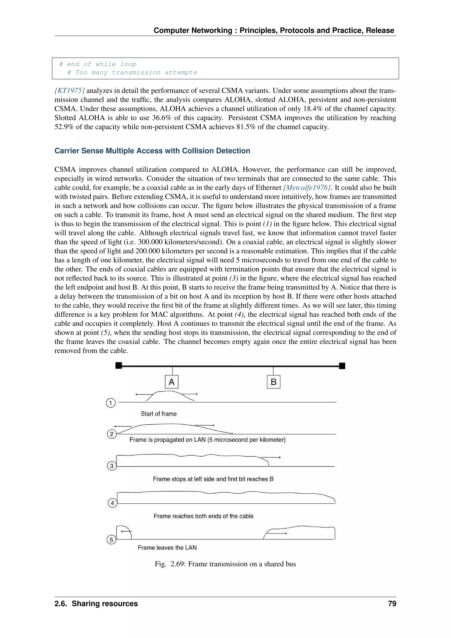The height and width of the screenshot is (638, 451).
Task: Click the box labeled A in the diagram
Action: click(172, 382)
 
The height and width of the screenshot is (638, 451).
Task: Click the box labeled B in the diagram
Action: click(273, 382)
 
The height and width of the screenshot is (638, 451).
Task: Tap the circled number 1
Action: click(111, 403)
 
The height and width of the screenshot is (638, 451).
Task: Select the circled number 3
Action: click(111, 466)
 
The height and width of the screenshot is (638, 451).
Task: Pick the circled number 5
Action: click(111, 540)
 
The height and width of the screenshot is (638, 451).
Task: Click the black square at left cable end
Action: click(118, 366)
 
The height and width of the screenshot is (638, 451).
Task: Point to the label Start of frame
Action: click(159, 414)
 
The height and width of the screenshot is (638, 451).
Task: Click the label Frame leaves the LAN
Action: click(167, 547)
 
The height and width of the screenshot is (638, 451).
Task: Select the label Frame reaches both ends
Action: click(203, 516)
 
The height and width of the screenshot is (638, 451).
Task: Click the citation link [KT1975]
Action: click(69, 91)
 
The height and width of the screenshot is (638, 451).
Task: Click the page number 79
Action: click(392, 604)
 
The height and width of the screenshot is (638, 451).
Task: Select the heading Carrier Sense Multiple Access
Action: click(152, 151)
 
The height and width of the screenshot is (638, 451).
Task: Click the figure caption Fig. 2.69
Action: click(225, 564)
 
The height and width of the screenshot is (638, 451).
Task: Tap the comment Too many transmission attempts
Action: click(133, 72)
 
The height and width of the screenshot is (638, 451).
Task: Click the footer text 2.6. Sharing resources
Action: click(96, 604)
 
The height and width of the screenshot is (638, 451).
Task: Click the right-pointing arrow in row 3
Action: click(271, 457)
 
